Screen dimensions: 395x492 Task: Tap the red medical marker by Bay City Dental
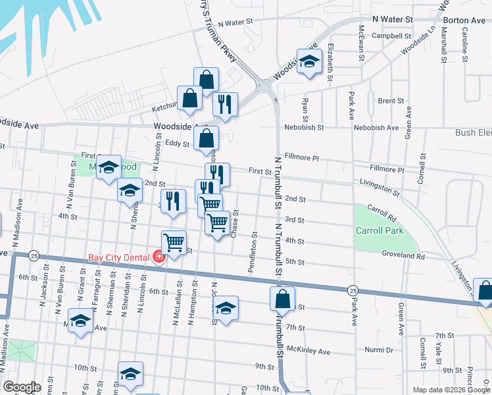159,256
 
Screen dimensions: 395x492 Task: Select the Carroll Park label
378,230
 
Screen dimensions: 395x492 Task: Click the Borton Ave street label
464,20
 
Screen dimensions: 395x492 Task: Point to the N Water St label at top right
393,20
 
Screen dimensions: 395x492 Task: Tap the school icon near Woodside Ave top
307,61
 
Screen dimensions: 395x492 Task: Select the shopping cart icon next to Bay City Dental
174,242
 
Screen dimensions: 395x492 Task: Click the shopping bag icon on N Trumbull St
282,298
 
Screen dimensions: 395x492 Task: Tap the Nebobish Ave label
376,127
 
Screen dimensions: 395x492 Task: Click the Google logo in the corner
22,387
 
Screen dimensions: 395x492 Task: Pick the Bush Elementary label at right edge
474,132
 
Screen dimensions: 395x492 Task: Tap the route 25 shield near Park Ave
353,290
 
